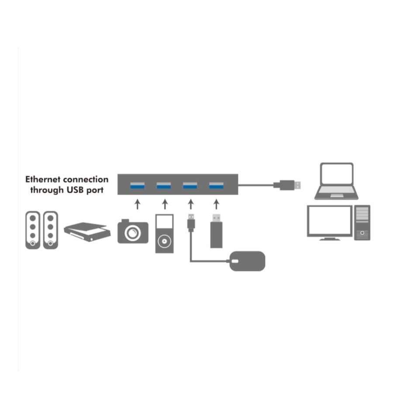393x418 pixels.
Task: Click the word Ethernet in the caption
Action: pos(42,179)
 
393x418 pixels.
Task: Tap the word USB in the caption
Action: pos(75,190)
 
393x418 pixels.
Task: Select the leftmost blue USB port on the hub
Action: pos(137,185)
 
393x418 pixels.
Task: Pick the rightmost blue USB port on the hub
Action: pos(216,185)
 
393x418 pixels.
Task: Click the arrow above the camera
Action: pos(138,204)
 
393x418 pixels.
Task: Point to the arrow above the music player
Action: pos(165,204)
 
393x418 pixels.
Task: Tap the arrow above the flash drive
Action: pos(216,204)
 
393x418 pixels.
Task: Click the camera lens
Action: pos(133,233)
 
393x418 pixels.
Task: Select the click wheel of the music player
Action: pos(164,241)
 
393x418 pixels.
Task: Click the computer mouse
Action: pos(247,261)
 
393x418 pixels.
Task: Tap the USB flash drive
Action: pos(216,231)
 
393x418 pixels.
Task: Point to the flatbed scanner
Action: pos(87,232)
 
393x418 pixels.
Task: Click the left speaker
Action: pos(33,230)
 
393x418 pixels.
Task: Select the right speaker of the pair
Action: pos(51,230)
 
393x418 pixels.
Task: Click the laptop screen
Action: pos(337,174)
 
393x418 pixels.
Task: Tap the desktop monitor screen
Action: pos(329,220)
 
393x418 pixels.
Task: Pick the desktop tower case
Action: pos(362,223)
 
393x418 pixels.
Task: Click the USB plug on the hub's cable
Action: pos(287,185)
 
